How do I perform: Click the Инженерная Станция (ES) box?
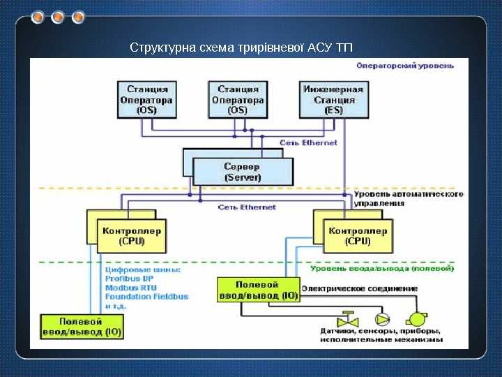point(334,99)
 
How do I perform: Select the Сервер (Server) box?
point(242,172)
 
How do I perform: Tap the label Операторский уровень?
point(405,66)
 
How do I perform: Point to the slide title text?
point(241,48)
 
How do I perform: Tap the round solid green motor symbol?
point(419,318)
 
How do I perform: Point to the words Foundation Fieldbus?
point(146,296)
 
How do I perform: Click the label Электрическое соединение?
point(360,288)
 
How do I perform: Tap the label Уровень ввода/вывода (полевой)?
point(383,267)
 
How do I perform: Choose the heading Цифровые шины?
point(142,269)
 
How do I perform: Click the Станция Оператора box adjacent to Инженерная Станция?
point(238,99)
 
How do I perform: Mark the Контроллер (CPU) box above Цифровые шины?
point(132,235)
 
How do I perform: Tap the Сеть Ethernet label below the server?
point(248,207)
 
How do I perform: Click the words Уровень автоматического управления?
point(408,199)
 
